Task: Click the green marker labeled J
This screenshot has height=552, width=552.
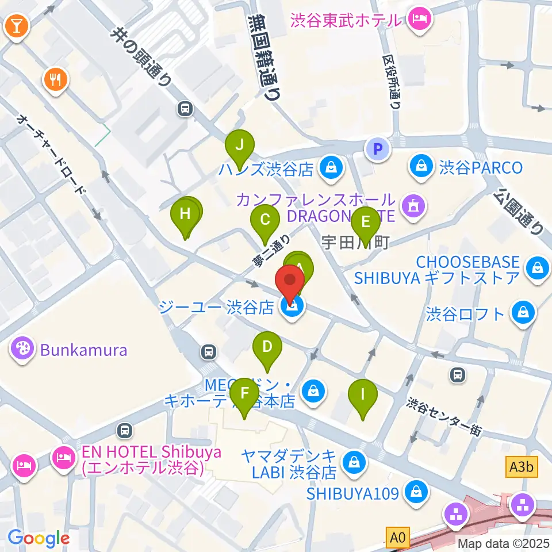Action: [x=241, y=145]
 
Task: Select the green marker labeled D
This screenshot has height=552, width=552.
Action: [x=267, y=347]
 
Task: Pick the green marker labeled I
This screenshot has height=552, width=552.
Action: [x=363, y=394]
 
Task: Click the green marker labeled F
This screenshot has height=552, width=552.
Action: [x=245, y=394]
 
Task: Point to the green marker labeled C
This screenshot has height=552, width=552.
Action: [x=265, y=220]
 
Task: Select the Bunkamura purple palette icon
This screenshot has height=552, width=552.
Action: [x=22, y=349]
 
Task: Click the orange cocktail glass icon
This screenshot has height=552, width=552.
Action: [x=16, y=27]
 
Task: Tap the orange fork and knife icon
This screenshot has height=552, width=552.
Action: [x=56, y=79]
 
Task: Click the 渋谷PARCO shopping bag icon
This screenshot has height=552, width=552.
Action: [x=423, y=167]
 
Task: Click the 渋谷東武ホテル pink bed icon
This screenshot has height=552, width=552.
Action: [x=417, y=20]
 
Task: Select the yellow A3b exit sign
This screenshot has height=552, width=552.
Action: [x=522, y=467]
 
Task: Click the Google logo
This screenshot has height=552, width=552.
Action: [x=39, y=538]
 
